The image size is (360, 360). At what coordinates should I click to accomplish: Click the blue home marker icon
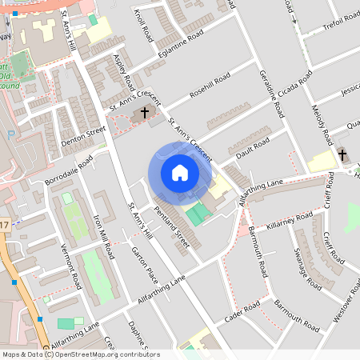(180, 173)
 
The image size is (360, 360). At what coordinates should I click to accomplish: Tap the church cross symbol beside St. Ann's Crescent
(145, 113)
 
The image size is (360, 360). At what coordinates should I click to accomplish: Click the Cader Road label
(242, 311)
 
